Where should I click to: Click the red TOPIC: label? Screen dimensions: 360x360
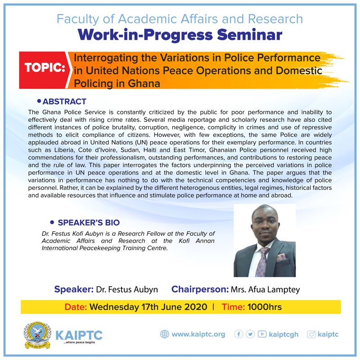(x=45, y=67)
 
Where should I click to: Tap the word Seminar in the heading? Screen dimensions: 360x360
(x=250, y=35)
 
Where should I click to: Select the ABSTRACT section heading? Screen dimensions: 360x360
(x=64, y=102)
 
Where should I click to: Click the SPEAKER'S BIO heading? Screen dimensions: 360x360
(x=89, y=222)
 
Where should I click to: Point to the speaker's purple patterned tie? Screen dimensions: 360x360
(x=262, y=262)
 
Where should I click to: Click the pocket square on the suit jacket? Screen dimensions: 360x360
(x=281, y=257)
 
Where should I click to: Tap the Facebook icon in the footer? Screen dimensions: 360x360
(x=238, y=334)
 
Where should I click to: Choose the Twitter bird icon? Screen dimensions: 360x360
(x=250, y=334)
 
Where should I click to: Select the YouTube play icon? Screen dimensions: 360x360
(x=262, y=334)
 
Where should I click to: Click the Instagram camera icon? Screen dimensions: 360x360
(x=311, y=334)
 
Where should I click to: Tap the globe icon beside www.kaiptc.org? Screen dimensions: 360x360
(x=164, y=334)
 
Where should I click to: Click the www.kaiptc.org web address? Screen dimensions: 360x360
(x=198, y=334)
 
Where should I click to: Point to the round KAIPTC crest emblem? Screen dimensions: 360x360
(x=37, y=335)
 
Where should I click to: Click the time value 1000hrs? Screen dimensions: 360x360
(x=265, y=307)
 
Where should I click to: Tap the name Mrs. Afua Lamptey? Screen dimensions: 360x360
(x=265, y=290)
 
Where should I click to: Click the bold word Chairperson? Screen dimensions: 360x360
(x=200, y=289)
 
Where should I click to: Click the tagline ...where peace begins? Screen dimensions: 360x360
(x=79, y=342)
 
